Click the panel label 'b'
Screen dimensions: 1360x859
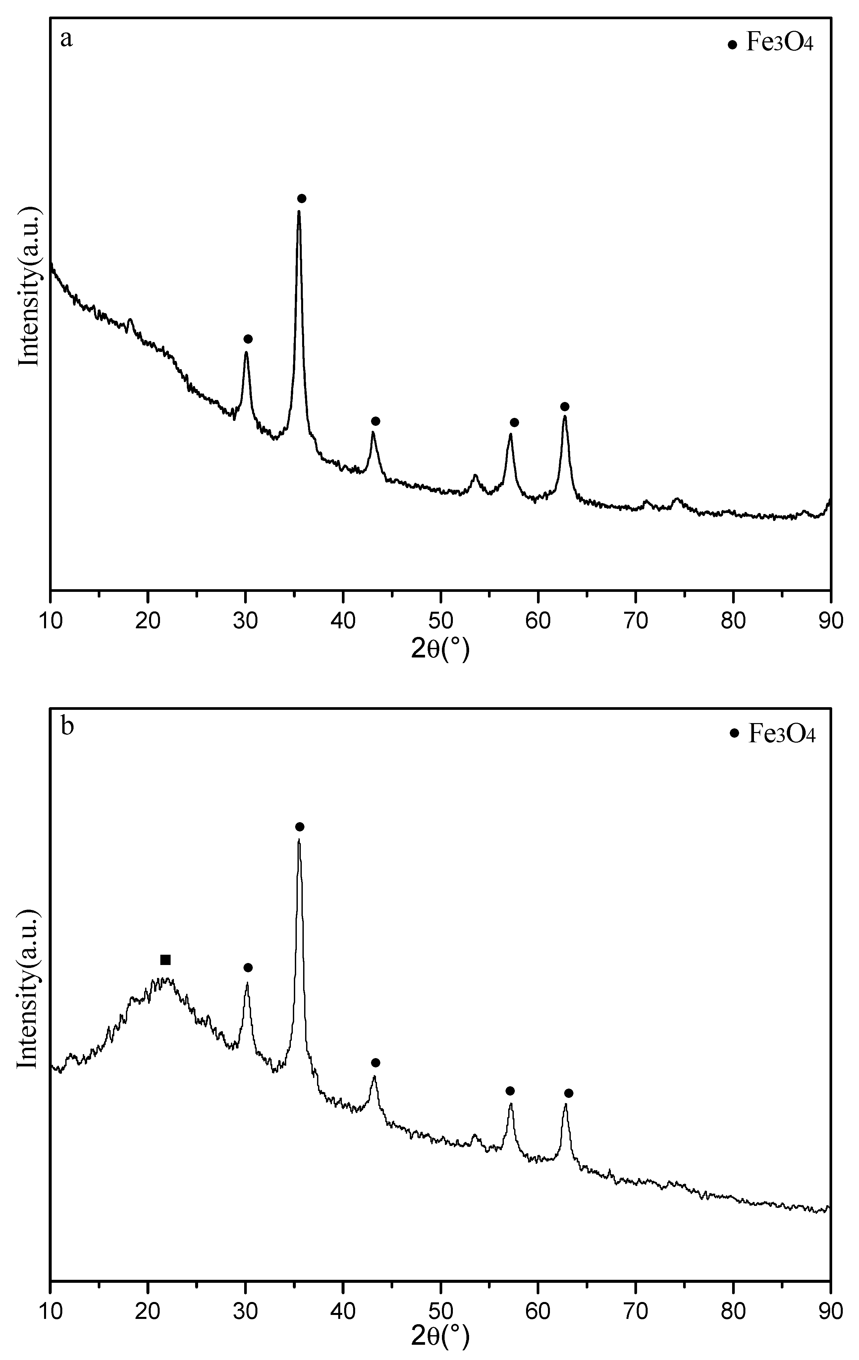[67, 726]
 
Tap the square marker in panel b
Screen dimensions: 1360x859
[166, 960]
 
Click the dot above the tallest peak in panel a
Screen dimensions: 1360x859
[301, 198]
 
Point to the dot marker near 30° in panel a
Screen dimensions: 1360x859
[248, 339]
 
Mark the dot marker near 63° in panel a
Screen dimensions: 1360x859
[565, 407]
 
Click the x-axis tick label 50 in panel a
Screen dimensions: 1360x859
[441, 621]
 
